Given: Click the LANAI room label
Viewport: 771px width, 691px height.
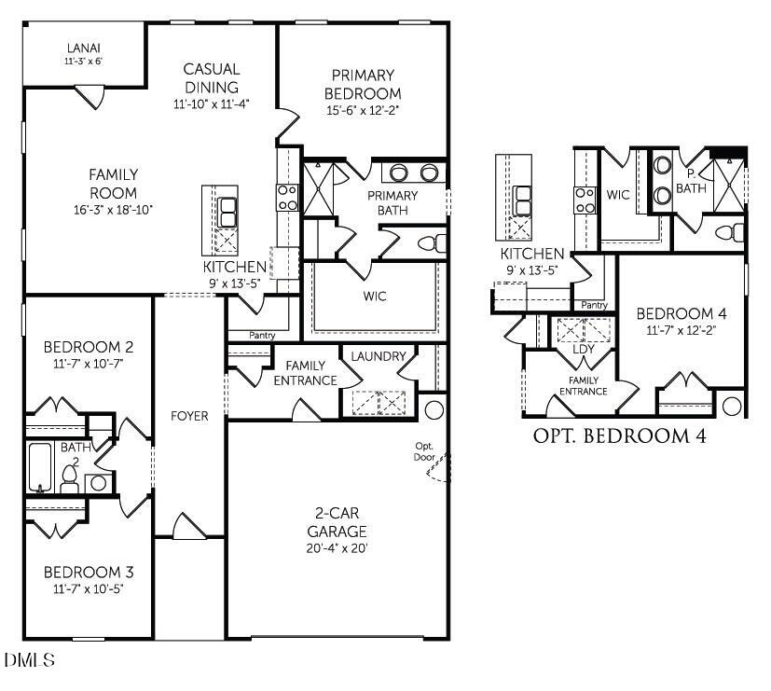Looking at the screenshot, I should pyautogui.click(x=83, y=48).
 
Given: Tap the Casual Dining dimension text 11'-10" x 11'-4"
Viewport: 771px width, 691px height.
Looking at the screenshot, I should pyautogui.click(x=212, y=104).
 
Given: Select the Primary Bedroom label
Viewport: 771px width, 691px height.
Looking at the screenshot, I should pyautogui.click(x=362, y=84).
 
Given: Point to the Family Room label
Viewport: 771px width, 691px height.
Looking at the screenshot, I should pyautogui.click(x=114, y=183).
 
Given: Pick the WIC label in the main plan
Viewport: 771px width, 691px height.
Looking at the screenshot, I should pyautogui.click(x=375, y=297).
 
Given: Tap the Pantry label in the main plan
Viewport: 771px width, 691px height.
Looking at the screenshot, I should pyautogui.click(x=261, y=336).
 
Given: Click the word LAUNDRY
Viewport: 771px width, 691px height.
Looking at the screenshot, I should pyautogui.click(x=379, y=356).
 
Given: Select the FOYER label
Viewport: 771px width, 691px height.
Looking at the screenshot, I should pyautogui.click(x=189, y=416).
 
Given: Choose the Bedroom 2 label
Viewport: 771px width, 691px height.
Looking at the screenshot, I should pyautogui.click(x=89, y=348).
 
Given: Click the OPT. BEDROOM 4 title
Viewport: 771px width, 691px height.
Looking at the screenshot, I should pyautogui.click(x=619, y=435).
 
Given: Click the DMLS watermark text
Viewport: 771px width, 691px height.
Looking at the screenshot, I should pyautogui.click(x=30, y=660).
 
